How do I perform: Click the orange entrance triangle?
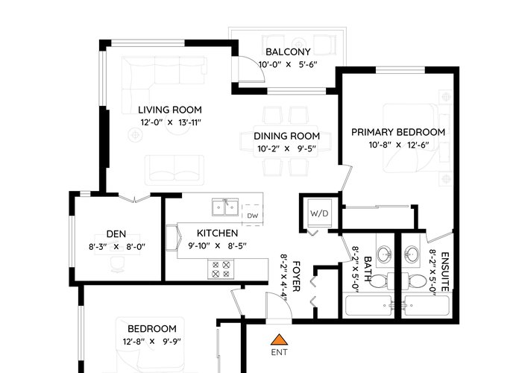click(x=279, y=339)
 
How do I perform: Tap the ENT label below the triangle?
click(x=279, y=352)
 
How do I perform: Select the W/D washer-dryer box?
click(x=319, y=213)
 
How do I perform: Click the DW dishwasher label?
click(x=253, y=216)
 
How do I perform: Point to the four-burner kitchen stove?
click(x=221, y=269)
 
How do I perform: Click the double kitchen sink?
click(x=225, y=207)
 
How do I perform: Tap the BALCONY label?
click(x=288, y=51)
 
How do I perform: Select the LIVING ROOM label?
click(x=170, y=110)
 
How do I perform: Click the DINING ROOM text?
click(x=286, y=136)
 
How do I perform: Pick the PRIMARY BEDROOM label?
click(x=398, y=132)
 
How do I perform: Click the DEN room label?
click(x=116, y=233)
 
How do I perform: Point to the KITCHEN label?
click(x=218, y=233)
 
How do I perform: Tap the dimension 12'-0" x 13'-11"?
click(x=171, y=122)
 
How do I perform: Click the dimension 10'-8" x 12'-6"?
click(x=398, y=145)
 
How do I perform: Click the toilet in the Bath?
click(x=380, y=282)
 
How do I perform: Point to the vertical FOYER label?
click(x=297, y=277)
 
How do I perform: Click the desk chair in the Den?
click(x=117, y=264)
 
